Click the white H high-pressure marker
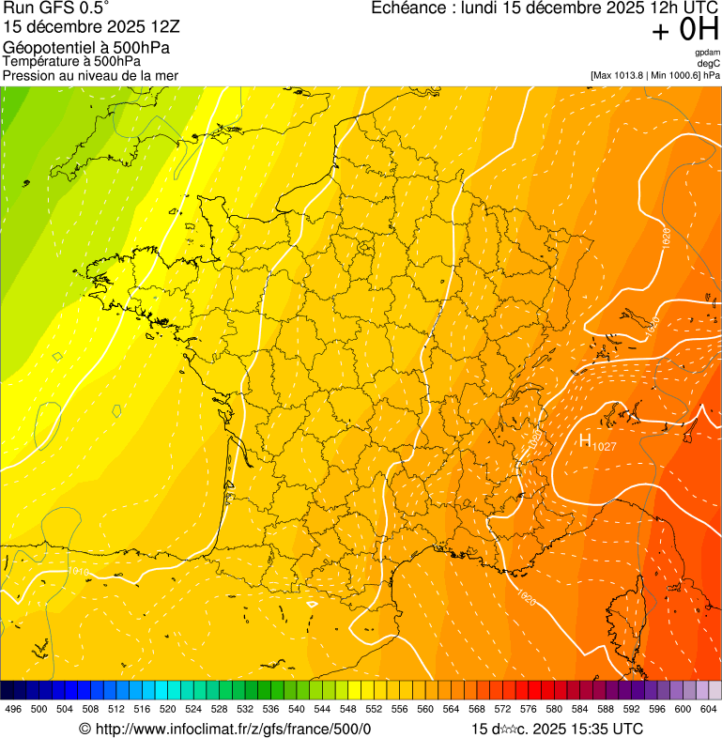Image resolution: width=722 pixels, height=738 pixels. click(584, 441)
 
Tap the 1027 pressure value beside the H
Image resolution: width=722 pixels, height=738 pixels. click(604, 447)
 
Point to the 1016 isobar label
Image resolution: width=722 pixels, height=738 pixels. click(80, 571)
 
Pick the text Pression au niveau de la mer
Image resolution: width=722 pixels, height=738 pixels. click(90, 75)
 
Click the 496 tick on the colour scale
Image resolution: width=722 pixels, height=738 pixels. click(13, 709)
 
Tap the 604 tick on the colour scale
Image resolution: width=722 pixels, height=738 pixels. click(709, 709)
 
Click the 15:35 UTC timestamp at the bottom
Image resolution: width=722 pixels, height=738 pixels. click(602, 729)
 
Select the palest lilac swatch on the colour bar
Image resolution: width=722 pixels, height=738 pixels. click(714, 690)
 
